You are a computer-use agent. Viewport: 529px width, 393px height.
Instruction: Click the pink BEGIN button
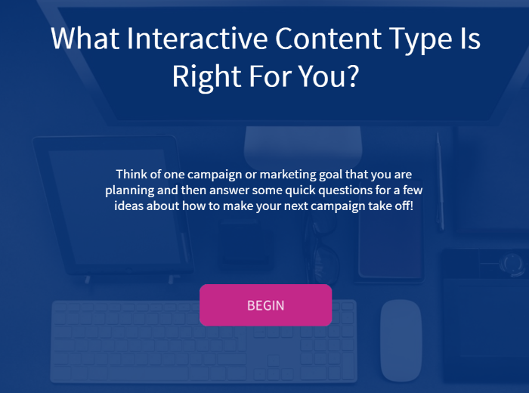(x=265, y=305)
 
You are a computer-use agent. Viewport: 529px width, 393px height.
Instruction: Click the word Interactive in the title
(x=197, y=39)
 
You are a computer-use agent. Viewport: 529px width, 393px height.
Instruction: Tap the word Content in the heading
(x=329, y=39)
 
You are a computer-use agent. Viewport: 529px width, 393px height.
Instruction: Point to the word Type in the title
(x=420, y=41)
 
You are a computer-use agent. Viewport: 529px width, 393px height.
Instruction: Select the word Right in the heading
(x=207, y=78)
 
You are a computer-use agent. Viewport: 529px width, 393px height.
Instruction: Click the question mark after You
(x=353, y=76)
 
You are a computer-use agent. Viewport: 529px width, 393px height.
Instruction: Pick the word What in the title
(x=85, y=39)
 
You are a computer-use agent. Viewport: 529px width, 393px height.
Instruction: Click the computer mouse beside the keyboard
(x=401, y=340)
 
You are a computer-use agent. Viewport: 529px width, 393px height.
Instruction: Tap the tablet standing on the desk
(x=113, y=206)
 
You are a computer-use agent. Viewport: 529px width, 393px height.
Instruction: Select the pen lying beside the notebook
(x=440, y=181)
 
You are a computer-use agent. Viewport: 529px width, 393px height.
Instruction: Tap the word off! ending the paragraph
(x=404, y=206)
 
